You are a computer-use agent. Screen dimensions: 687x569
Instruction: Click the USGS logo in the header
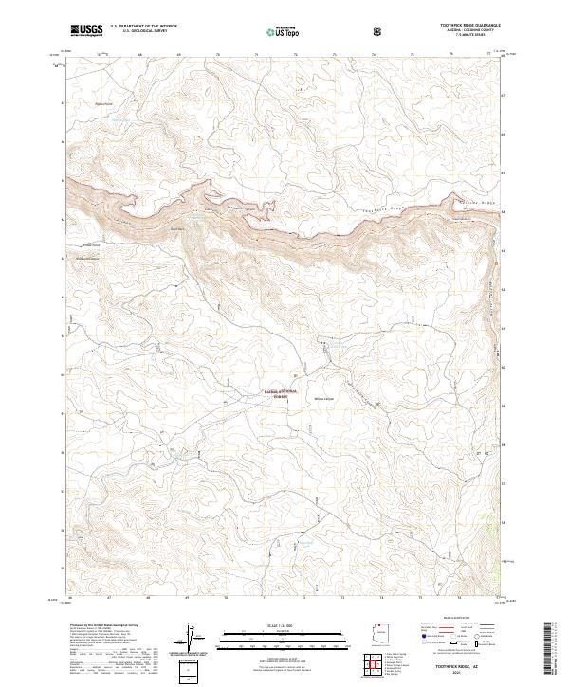[x=86, y=30]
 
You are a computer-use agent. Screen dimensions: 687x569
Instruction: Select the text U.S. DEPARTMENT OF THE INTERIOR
[x=143, y=27]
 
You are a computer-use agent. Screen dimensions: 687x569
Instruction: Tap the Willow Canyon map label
[x=325, y=399]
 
